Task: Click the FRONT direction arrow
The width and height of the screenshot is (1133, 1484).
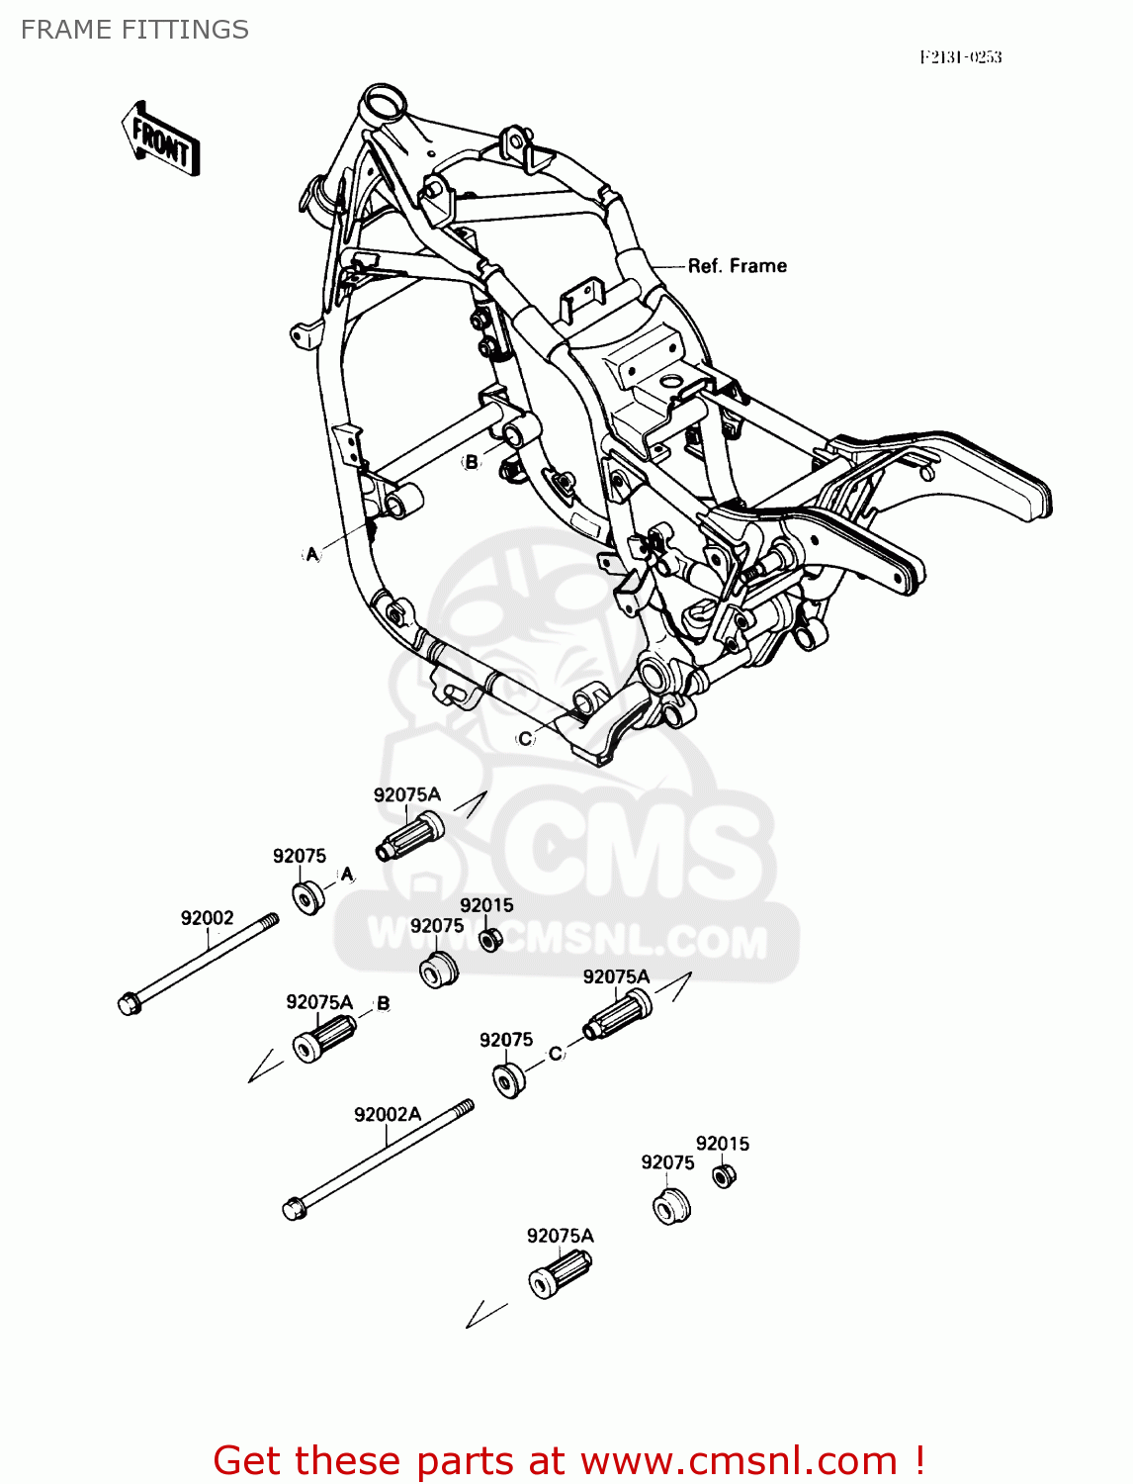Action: click(161, 139)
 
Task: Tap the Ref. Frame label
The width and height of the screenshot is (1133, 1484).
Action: click(738, 266)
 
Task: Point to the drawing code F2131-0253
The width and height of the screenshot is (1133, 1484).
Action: click(960, 57)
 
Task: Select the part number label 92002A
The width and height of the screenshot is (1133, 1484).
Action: click(388, 1115)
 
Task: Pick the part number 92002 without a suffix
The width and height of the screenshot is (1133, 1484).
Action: click(207, 918)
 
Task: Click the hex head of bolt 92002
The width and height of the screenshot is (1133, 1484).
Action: click(129, 1003)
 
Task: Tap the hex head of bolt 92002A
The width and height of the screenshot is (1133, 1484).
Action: click(294, 1208)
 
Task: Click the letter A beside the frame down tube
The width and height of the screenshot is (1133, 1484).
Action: click(312, 554)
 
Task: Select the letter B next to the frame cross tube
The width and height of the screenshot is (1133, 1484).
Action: click(472, 462)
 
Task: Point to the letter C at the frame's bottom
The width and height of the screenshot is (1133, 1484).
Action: click(525, 738)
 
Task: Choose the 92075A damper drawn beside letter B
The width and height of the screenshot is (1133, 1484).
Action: click(323, 1037)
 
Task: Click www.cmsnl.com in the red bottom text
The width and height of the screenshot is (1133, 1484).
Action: click(739, 1461)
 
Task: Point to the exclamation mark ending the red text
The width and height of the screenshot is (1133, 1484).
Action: click(919, 1461)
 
